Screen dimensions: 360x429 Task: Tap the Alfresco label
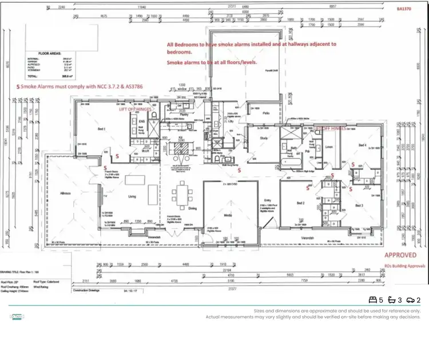[66, 194]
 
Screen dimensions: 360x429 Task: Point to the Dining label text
[192, 208]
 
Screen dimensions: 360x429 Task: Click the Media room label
[228, 216]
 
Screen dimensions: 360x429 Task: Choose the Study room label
[264, 138]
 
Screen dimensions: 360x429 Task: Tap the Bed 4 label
[362, 145]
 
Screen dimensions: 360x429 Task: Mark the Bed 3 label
[359, 205]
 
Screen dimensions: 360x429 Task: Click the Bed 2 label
[300, 203]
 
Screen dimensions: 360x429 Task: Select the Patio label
[266, 113]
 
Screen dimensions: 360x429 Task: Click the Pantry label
[184, 114]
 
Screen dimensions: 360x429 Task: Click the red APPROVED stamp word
[400, 255]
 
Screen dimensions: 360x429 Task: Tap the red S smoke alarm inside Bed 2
[308, 187]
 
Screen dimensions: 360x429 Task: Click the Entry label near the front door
[267, 200]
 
